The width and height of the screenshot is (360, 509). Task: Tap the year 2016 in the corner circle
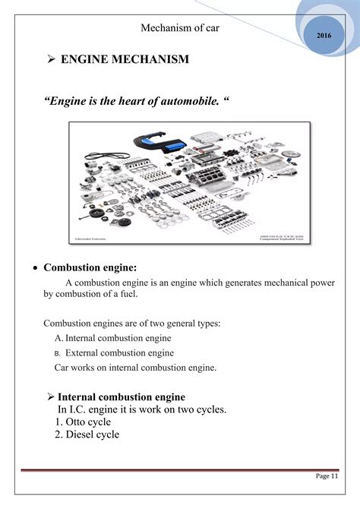pos(324,36)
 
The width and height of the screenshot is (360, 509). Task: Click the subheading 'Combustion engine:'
pos(90,268)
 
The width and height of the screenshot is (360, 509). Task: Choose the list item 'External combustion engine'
pos(119,353)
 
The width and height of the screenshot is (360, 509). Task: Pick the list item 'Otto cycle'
pos(83,422)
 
